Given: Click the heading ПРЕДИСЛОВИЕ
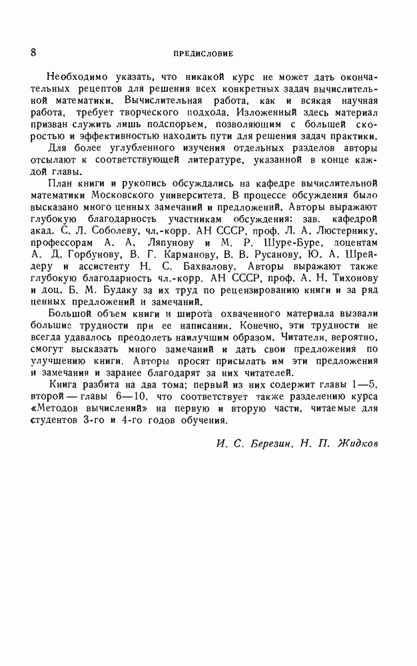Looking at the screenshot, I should tap(203, 53).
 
